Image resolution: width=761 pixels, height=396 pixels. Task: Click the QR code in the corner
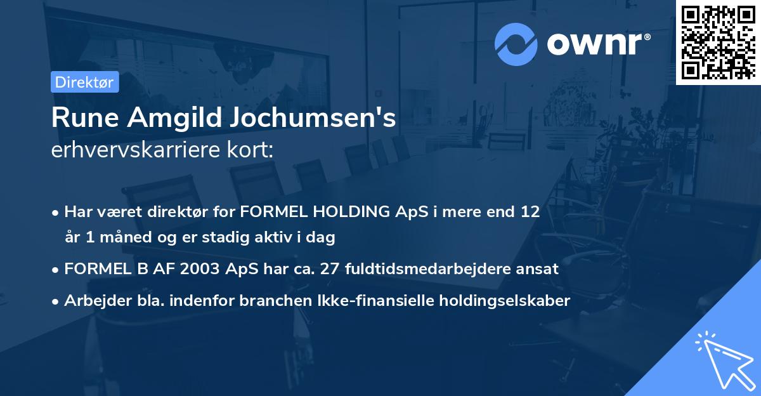[x=718, y=42]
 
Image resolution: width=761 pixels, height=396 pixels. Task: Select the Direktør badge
[x=84, y=82]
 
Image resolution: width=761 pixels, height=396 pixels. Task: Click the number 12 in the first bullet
[x=530, y=212]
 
